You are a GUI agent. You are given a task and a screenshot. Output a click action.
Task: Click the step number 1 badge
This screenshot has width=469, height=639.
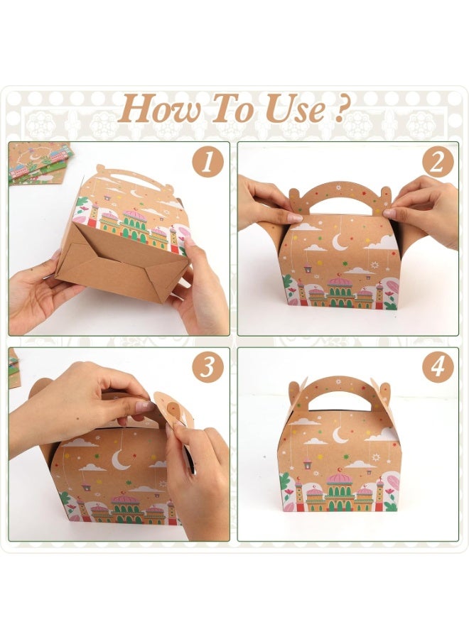click(x=207, y=163)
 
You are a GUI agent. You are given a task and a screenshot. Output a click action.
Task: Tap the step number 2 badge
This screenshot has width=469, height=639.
click(x=438, y=163)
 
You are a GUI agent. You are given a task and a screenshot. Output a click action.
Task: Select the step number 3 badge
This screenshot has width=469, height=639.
click(x=207, y=367)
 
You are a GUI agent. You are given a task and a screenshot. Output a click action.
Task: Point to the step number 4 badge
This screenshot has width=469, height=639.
click(x=438, y=367)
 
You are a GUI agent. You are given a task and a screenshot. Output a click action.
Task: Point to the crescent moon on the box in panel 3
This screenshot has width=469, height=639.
click(x=120, y=461)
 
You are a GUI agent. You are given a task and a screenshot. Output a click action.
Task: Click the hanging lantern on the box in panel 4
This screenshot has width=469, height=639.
click(x=306, y=464)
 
